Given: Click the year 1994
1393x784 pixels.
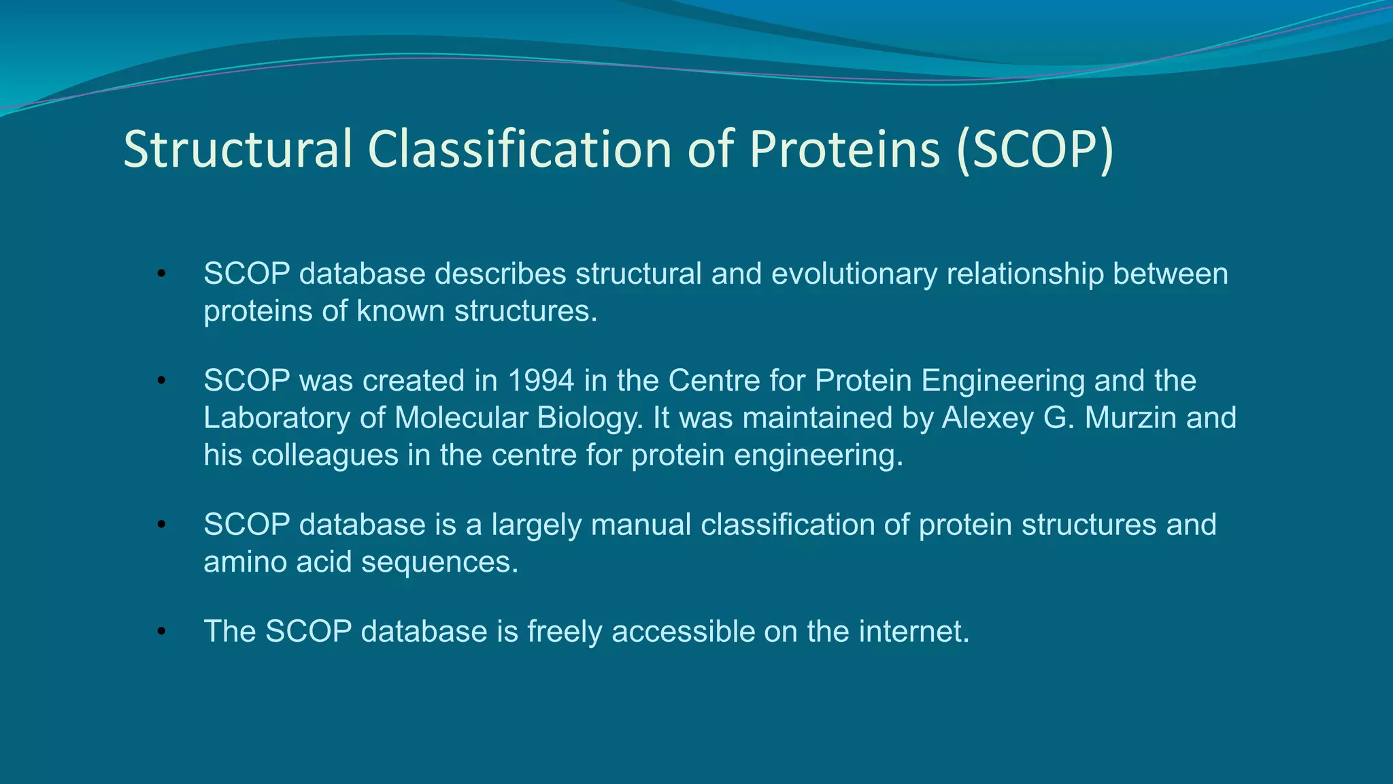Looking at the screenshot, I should [x=541, y=380].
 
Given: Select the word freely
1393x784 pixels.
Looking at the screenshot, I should [x=565, y=632].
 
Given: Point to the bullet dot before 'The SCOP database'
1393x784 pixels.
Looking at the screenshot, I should [x=161, y=632].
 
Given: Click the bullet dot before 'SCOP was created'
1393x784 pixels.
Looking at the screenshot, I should [x=161, y=381].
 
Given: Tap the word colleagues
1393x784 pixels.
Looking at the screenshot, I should [x=325, y=455].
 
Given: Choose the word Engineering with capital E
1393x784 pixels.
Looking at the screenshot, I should [x=1003, y=380].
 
